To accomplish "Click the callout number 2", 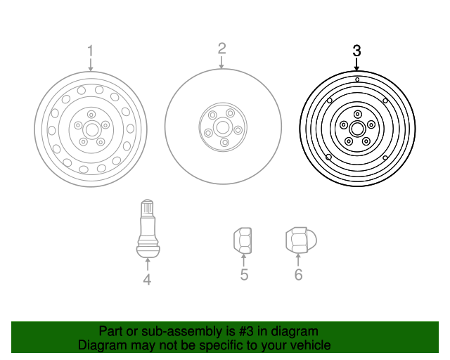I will tap(221, 48).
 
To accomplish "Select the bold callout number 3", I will tap(356, 51).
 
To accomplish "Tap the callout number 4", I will tap(147, 280).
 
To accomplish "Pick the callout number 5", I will tap(244, 274).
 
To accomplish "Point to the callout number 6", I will tap(298, 274).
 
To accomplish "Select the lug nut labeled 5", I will tap(243, 240).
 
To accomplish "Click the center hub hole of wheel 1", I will tap(91, 129).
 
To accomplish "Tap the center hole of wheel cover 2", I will tap(222, 127).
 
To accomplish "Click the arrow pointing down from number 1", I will tap(90, 65).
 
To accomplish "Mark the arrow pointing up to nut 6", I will tap(298, 259).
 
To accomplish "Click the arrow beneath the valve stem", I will tap(148, 264).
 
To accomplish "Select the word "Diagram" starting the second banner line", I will tap(102, 345).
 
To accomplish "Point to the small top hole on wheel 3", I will tap(357, 80).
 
